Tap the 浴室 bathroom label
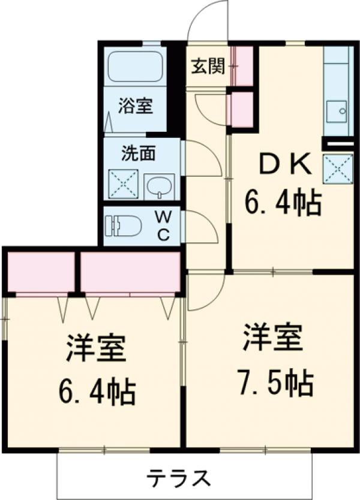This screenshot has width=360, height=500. (x=135, y=107)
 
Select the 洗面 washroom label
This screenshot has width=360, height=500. (x=139, y=153)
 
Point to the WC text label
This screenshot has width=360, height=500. (x=163, y=224)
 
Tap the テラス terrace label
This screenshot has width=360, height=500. (x=179, y=479)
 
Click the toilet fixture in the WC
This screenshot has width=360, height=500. (x=123, y=226)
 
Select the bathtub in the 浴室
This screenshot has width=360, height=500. (x=135, y=67)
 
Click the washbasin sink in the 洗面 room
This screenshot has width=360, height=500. (x=159, y=185)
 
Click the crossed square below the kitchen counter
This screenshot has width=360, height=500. (x=337, y=168)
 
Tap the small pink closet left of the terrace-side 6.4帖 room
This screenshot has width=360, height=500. (x=41, y=272)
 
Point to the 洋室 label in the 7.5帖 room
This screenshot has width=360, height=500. (x=273, y=339)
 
